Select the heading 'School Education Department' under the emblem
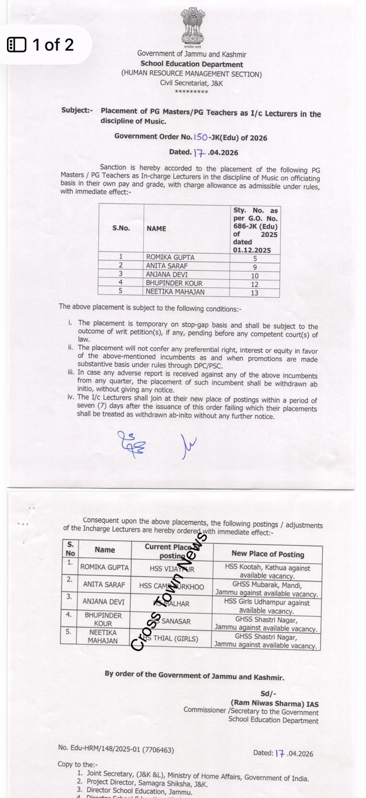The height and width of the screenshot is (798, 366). (191, 64)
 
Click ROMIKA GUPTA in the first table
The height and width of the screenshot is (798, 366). (170, 257)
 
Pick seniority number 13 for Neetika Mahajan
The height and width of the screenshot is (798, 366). (254, 293)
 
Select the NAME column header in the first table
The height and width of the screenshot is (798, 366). (156, 228)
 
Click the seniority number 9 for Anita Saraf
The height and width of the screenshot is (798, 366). (254, 267)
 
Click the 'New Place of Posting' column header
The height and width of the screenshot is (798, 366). (267, 554)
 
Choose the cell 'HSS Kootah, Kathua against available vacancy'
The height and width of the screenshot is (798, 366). (267, 572)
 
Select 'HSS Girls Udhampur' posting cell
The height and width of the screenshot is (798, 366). (267, 606)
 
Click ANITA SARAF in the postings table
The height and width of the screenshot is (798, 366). (104, 584)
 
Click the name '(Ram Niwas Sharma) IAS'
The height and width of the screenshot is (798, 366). (274, 704)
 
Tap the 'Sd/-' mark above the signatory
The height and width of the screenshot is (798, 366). (268, 694)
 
